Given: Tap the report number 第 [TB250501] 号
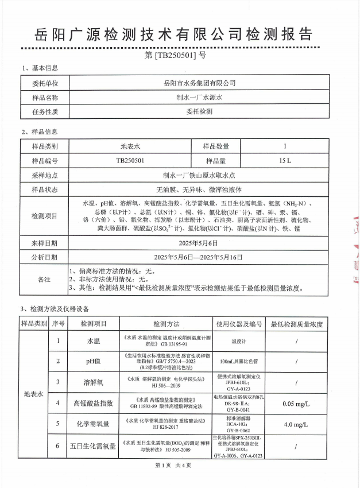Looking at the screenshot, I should pyautogui.click(x=180, y=56).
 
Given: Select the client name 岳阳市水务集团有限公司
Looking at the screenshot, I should pyautogui.click(x=199, y=83).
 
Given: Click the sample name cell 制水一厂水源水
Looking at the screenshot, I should pyautogui.click(x=199, y=97).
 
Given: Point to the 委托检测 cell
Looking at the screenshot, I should pyautogui.click(x=199, y=112).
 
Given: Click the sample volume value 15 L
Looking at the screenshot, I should pyautogui.click(x=285, y=161).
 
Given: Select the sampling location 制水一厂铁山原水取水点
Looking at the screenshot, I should pyautogui.click(x=199, y=175).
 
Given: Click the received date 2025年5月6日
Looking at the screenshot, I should pyautogui.click(x=199, y=243).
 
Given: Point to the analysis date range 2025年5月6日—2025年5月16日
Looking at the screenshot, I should pyautogui.click(x=199, y=257).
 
